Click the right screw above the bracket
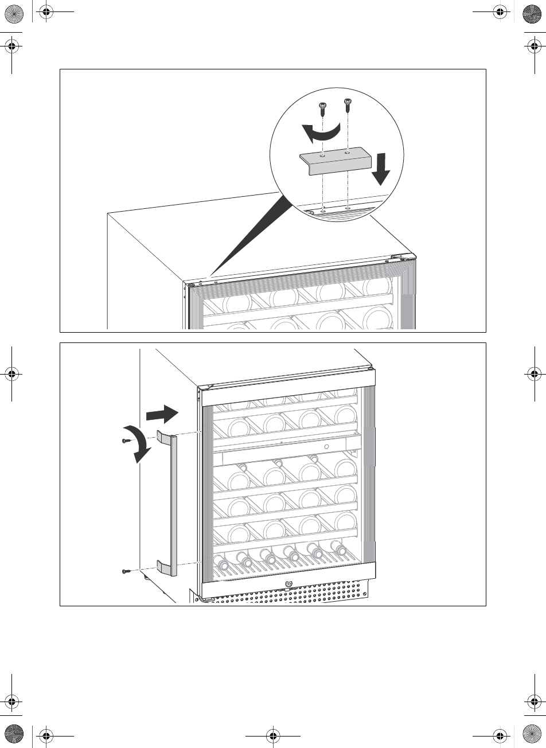click(x=347, y=104)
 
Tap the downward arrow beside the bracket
click(x=382, y=170)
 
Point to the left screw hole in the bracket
click(x=323, y=155)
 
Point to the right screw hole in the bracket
click(x=348, y=153)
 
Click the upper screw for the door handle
click(x=126, y=441)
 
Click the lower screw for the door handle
click(x=126, y=571)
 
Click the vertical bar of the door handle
click(x=173, y=505)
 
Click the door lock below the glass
click(x=288, y=585)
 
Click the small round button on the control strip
click(x=326, y=446)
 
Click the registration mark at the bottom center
click(x=273, y=734)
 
